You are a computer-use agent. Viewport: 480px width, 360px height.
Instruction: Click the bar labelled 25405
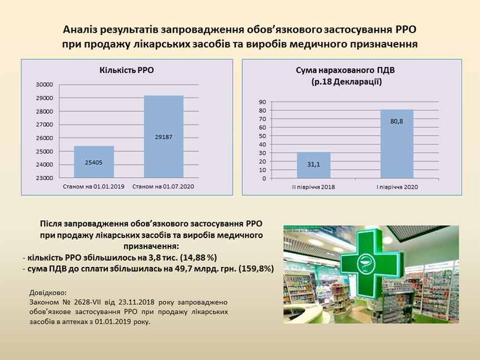[x=94, y=162]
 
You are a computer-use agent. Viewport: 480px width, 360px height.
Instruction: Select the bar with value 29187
[x=164, y=137]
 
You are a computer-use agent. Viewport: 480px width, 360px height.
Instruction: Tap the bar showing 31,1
[x=314, y=165]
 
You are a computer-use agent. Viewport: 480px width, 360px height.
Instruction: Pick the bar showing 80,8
[x=397, y=144]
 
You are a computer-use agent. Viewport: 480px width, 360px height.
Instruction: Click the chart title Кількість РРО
[x=126, y=71]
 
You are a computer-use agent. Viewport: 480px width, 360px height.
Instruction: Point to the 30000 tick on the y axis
[x=45, y=85]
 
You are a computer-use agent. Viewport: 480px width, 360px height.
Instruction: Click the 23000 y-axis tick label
[x=45, y=178]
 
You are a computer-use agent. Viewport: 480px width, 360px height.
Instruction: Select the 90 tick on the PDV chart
[x=263, y=102]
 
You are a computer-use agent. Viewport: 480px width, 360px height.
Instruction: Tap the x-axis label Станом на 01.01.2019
[x=94, y=187]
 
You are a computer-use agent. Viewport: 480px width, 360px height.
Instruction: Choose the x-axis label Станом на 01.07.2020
[x=163, y=187]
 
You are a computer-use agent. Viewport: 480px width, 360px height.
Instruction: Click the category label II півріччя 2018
[x=313, y=187]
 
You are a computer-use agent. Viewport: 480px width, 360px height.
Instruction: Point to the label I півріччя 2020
[x=397, y=187]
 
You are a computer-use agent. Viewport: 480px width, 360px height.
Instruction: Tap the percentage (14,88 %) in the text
[x=199, y=257]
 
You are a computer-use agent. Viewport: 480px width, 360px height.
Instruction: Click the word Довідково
[x=48, y=293]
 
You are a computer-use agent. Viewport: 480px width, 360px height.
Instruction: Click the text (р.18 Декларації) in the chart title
[x=347, y=82]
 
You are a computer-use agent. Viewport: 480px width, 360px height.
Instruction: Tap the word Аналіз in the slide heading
[x=80, y=30]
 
